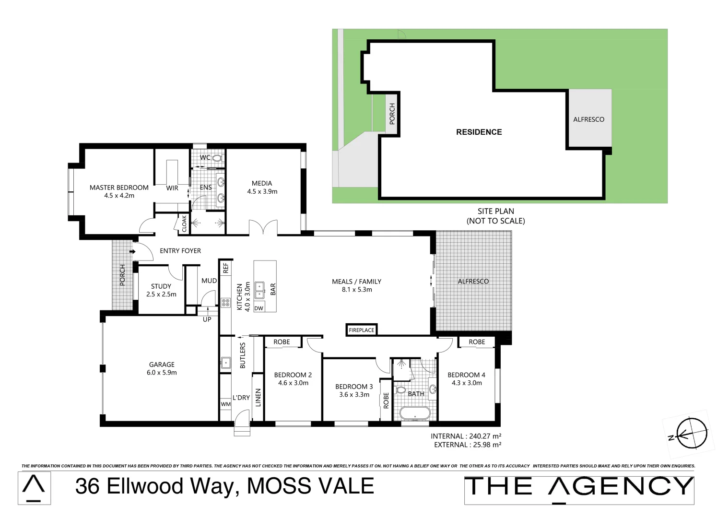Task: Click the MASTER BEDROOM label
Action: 119,188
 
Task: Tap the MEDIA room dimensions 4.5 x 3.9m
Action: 262,191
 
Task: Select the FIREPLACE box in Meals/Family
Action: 362,330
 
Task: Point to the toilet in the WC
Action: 216,157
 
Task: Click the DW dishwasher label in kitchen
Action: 259,308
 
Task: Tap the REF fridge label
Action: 225,268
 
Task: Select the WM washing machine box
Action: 225,404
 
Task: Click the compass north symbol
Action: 691,434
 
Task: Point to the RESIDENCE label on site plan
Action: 479,132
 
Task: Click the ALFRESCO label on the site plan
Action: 588,119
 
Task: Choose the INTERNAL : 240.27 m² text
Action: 466,436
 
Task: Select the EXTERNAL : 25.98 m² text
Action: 467,445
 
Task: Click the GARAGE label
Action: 162,365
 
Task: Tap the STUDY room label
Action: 161,286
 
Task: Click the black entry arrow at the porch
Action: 132,251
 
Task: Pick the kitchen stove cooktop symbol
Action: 225,302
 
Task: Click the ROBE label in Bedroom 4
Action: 477,342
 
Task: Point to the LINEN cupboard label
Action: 258,398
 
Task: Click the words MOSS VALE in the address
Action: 310,486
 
